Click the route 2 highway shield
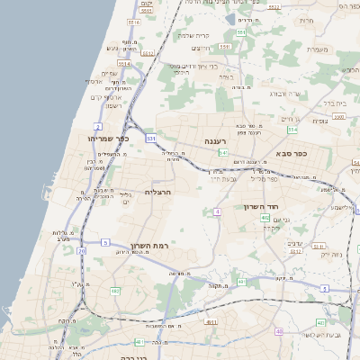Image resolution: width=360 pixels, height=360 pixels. click(x=97, y=128)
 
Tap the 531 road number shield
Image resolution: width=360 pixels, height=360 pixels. click(x=151, y=139)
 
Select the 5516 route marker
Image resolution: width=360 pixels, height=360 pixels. click(x=133, y=22)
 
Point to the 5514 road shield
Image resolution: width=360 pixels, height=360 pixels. click(x=123, y=64)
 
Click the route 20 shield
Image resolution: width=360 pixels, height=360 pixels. click(x=82, y=251)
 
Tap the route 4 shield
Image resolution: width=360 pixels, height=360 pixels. click(x=217, y=211)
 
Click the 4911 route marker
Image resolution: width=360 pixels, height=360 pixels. click(x=211, y=321)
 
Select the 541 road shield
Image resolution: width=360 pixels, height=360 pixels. click(x=222, y=153)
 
